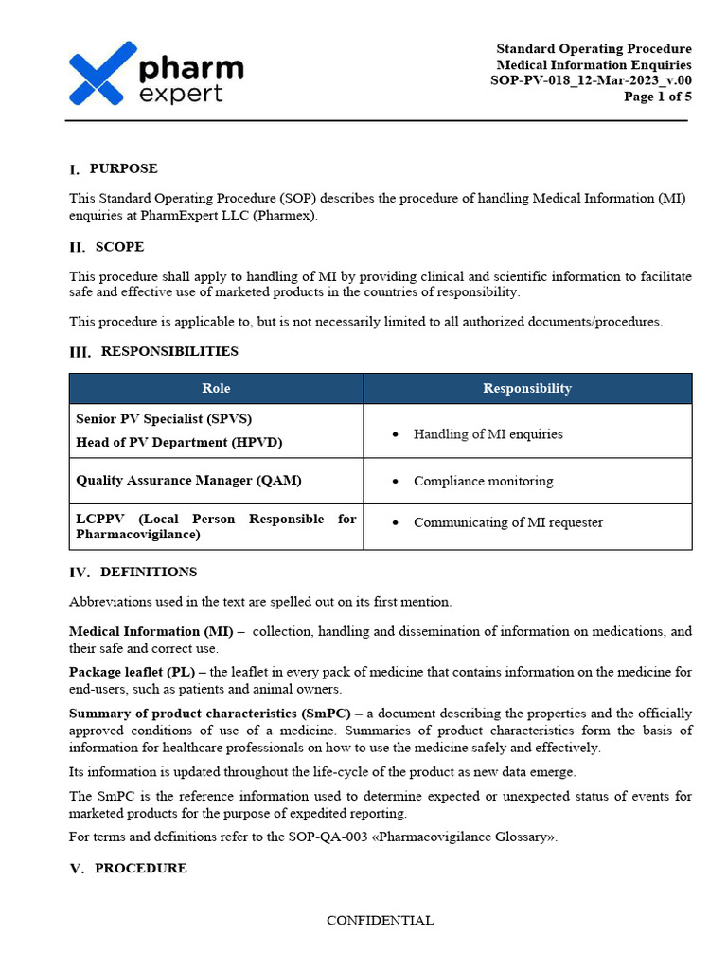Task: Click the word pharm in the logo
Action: pyautogui.click(x=190, y=68)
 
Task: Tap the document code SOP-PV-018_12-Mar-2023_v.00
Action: pyautogui.click(x=591, y=80)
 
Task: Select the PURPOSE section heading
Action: pyautogui.click(x=123, y=168)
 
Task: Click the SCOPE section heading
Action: pyautogui.click(x=119, y=247)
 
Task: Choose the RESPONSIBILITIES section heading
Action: pyautogui.click(x=169, y=351)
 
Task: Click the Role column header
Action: pyautogui.click(x=216, y=388)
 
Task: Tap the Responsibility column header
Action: pyautogui.click(x=527, y=388)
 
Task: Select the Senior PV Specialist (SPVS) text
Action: pyautogui.click(x=164, y=418)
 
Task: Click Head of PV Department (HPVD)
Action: pyautogui.click(x=179, y=442)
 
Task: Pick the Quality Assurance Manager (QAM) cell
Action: pyautogui.click(x=188, y=480)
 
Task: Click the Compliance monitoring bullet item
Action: pyautogui.click(x=483, y=481)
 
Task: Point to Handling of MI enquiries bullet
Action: pyautogui.click(x=488, y=434)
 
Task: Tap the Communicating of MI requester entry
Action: pyautogui.click(x=507, y=522)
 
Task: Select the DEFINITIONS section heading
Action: pyautogui.click(x=148, y=572)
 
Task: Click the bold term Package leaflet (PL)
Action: pyautogui.click(x=132, y=672)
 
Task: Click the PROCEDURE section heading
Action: pyautogui.click(x=140, y=868)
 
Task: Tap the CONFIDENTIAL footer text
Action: pyautogui.click(x=380, y=920)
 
